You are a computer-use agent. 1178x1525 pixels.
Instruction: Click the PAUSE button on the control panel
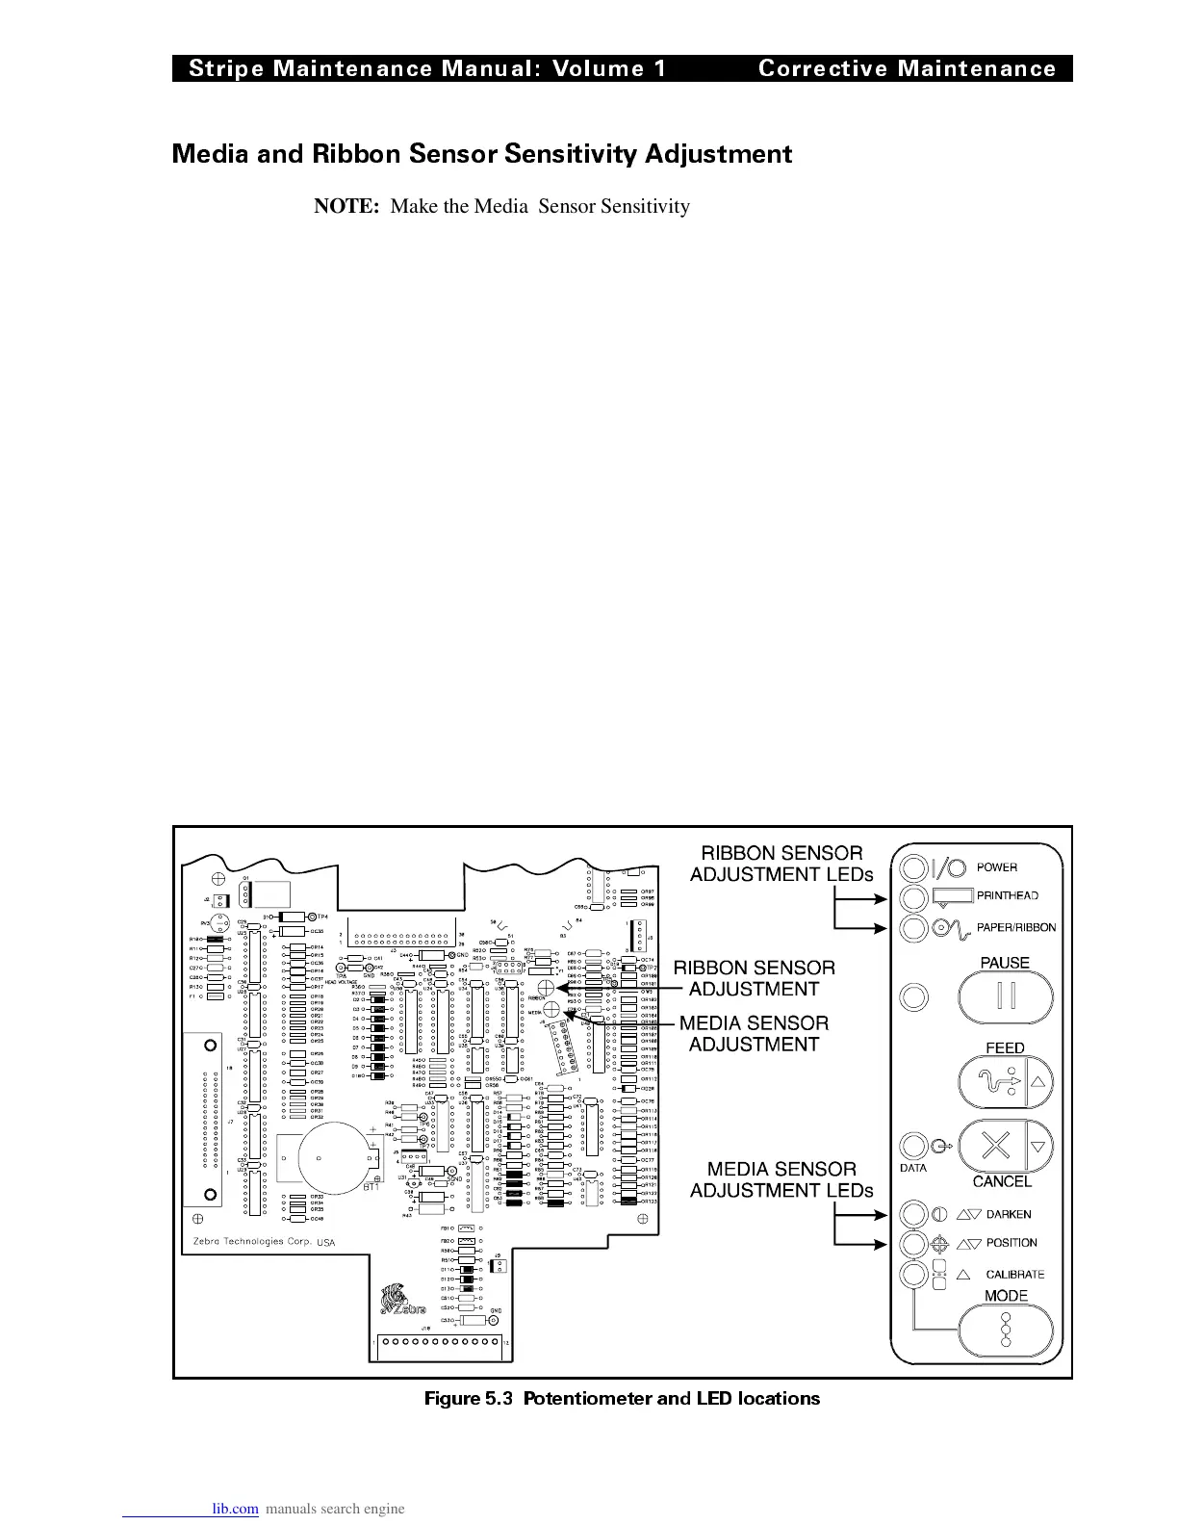pyautogui.click(x=1006, y=996)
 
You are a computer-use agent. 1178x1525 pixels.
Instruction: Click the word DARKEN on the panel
pyautogui.click(x=1008, y=1215)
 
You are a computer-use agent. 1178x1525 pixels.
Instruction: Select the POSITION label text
pyautogui.click(x=1011, y=1243)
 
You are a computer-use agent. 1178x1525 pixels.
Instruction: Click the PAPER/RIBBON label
pyautogui.click(x=1016, y=928)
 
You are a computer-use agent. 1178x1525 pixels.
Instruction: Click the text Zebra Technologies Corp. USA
pyautogui.click(x=259, y=1241)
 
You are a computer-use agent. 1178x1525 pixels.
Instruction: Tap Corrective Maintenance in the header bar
pyautogui.click(x=907, y=68)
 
